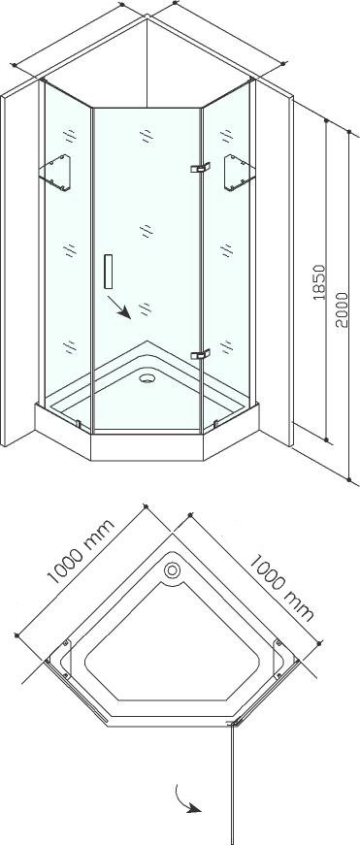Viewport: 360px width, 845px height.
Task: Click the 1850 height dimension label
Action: (x=319, y=282)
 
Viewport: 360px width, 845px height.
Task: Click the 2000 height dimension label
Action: (x=342, y=309)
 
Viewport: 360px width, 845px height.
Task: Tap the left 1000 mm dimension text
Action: (x=81, y=551)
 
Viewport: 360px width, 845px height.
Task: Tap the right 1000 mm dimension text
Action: (x=280, y=588)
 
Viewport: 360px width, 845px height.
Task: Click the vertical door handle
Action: (x=109, y=271)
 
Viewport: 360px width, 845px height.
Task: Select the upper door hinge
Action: (x=200, y=168)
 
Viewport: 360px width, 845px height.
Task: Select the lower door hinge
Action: (x=200, y=354)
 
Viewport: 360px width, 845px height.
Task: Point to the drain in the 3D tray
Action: (x=147, y=378)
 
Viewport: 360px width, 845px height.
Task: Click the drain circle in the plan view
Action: (x=173, y=569)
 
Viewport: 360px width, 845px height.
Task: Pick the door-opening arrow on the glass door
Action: (x=118, y=307)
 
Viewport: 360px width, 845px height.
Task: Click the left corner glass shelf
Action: (x=55, y=173)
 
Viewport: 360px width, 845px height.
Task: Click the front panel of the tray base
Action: (x=147, y=446)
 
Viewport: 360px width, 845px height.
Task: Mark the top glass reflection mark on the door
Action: (x=147, y=136)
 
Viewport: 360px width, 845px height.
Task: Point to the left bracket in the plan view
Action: (x=65, y=658)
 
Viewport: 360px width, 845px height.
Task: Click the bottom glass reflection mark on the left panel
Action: (x=70, y=347)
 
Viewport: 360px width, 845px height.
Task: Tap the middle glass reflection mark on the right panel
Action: (x=226, y=250)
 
